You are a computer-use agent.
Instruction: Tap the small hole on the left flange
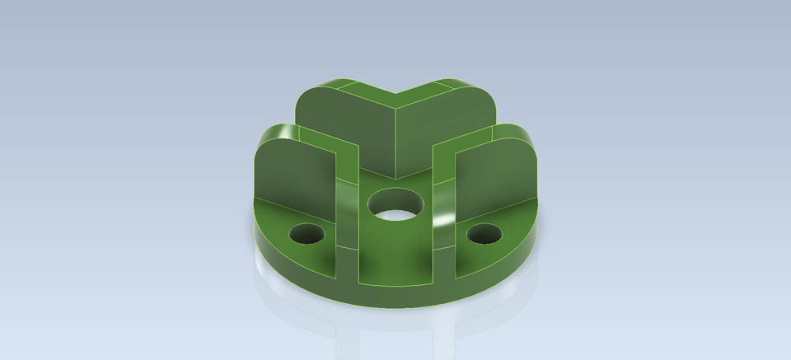click(306, 234)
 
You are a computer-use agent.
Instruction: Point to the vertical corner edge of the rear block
click(395, 140)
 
